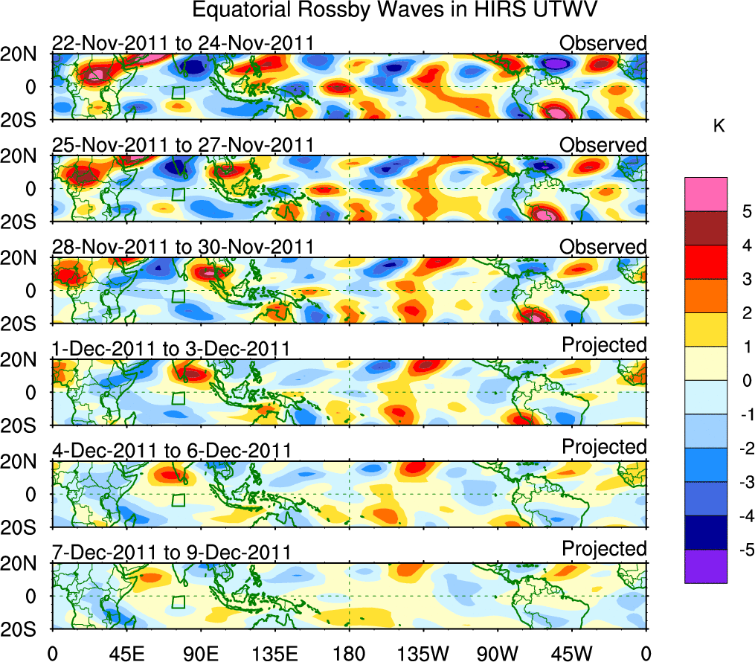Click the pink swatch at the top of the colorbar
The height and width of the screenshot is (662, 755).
706,195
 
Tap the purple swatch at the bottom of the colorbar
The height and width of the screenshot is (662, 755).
706,566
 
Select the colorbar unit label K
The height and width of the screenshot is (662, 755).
719,127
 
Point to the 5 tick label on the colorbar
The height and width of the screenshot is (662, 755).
744,212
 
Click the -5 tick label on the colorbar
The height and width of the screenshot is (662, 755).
742,550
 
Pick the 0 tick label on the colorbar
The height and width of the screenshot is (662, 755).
744,381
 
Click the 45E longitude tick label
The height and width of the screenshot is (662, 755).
126,654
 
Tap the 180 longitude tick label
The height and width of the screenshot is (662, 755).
349,654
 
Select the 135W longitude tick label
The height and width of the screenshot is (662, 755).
423,654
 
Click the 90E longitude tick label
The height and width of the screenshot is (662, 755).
200,654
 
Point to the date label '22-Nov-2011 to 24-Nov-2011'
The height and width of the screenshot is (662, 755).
182,44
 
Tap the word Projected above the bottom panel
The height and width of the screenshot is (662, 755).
604,549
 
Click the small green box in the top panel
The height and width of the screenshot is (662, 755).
178,93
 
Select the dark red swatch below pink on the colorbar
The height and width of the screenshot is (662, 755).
706,229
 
